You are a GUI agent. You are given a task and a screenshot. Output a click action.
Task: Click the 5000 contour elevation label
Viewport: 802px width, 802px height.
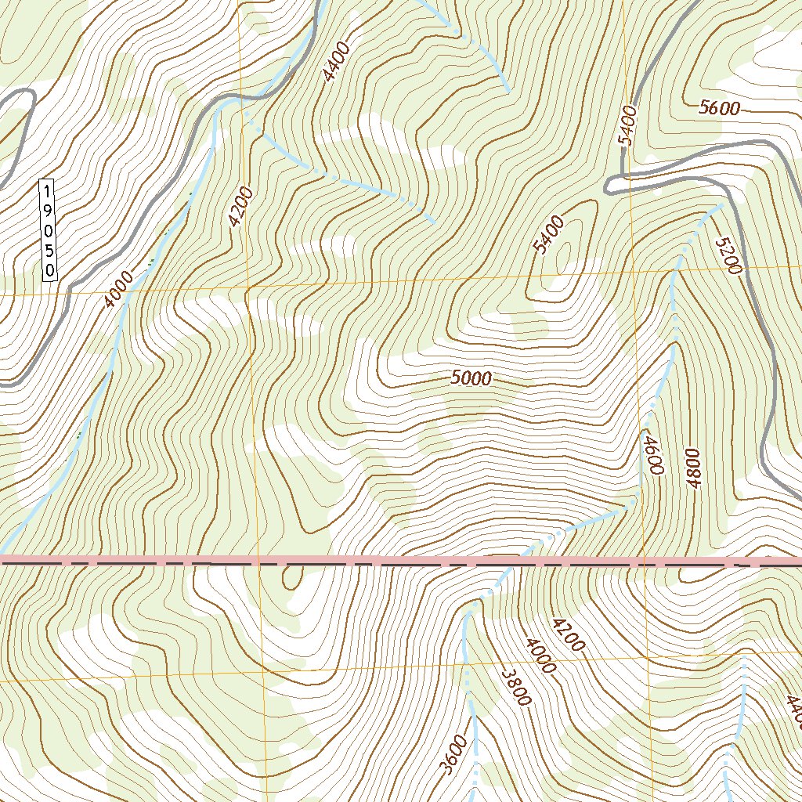471,379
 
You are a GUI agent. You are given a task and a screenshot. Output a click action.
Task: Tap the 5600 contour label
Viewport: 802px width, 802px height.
720,109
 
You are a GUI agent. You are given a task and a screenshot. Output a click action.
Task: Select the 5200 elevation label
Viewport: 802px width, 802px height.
728,255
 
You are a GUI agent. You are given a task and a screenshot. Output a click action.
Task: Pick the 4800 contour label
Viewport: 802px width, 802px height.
694,469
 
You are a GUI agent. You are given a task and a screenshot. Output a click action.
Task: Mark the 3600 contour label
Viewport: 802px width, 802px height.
457,754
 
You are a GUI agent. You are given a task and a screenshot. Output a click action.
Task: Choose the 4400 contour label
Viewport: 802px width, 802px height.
334,62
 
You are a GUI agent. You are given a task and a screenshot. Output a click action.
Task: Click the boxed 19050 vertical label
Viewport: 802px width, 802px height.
49,230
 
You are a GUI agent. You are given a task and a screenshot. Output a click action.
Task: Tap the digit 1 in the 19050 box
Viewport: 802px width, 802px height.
49,191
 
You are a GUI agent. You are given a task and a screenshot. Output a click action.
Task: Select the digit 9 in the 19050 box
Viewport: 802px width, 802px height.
49,211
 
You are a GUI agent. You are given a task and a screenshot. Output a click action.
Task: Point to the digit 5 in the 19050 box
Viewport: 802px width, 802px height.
49,250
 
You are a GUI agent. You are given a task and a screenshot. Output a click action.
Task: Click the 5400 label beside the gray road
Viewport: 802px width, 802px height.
629,125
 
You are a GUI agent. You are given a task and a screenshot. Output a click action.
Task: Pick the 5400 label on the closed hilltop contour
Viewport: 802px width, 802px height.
547,236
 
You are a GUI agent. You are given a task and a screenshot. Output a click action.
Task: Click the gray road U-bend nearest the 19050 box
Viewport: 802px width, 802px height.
31,98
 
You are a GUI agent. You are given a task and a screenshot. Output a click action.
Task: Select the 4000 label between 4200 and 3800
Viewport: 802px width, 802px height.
541,656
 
